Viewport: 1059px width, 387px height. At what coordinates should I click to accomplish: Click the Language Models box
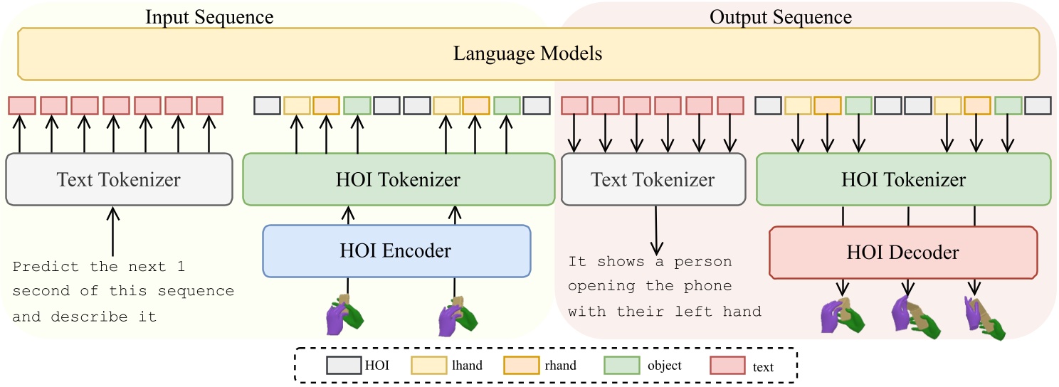(x=529, y=54)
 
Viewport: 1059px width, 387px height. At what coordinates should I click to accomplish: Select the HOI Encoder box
(x=397, y=250)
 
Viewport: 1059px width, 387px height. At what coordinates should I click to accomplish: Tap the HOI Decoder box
(x=903, y=252)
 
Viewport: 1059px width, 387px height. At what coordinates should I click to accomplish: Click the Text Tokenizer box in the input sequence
(x=119, y=179)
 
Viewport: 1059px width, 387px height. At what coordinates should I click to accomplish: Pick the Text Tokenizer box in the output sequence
(x=653, y=179)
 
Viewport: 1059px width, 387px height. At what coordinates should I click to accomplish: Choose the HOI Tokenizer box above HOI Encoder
(x=398, y=179)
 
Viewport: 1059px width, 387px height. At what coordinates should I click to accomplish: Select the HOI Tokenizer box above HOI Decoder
(x=903, y=179)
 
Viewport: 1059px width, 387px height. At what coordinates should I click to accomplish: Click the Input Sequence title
(x=209, y=17)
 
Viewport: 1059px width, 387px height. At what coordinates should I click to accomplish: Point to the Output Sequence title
(x=781, y=17)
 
